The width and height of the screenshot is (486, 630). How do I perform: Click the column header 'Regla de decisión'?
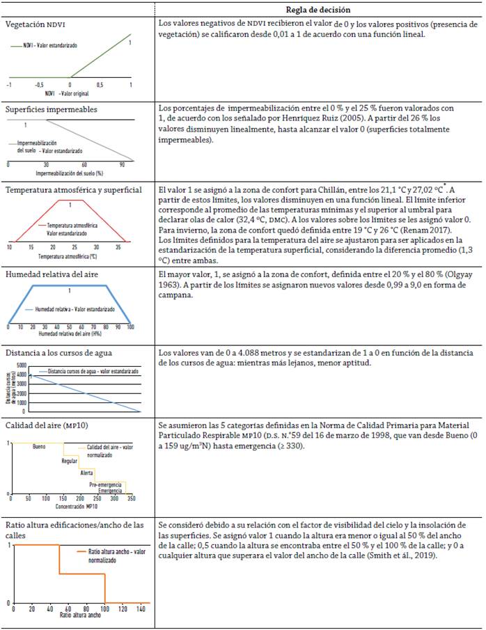coord(318,10)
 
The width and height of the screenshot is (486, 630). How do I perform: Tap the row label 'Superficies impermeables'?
coord(52,109)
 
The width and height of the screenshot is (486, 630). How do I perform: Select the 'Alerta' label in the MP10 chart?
coord(87,472)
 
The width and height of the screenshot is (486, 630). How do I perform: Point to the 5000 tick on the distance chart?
coord(20,365)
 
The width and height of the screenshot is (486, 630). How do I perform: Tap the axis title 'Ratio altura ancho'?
coord(81,615)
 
